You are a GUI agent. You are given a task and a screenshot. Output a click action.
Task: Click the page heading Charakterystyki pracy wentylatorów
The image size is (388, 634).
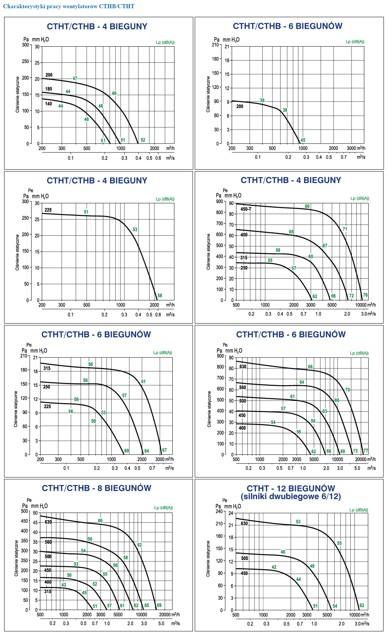point(69,6)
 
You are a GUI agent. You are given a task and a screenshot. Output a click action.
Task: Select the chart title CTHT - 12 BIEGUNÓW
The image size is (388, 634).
point(291,488)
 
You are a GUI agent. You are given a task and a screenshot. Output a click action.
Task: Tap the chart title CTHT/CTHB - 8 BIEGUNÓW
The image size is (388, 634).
point(97,488)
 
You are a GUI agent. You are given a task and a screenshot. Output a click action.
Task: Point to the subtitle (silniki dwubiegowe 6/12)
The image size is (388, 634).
point(291,497)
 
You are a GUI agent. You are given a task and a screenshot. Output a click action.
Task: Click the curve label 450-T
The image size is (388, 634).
point(246,209)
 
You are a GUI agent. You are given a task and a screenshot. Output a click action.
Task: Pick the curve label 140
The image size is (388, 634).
point(48,104)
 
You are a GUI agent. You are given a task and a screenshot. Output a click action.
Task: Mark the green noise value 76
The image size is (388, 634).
point(365,295)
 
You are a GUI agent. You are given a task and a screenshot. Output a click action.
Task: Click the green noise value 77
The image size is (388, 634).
point(366,451)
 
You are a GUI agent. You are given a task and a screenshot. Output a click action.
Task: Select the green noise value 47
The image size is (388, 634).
point(75,78)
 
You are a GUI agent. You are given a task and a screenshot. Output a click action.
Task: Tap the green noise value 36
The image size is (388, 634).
point(262,100)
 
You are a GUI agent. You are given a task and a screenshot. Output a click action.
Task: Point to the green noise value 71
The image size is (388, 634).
point(345,229)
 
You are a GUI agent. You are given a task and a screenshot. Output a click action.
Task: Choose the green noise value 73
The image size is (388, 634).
point(355,451)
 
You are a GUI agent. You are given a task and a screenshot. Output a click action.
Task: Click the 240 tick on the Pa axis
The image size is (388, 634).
point(219,511)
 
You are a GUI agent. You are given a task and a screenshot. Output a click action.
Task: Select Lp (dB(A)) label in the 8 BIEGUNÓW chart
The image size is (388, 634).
point(163,508)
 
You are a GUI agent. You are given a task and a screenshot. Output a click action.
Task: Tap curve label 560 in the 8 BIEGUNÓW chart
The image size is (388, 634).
point(48,542)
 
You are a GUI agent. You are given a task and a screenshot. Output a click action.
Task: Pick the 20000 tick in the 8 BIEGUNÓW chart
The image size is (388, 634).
point(165,615)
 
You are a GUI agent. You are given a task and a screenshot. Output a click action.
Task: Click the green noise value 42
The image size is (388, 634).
point(274,567)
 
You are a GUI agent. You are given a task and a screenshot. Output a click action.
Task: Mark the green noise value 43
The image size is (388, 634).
point(64,585)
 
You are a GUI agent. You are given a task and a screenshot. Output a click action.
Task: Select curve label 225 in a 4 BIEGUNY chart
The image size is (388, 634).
point(48,210)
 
